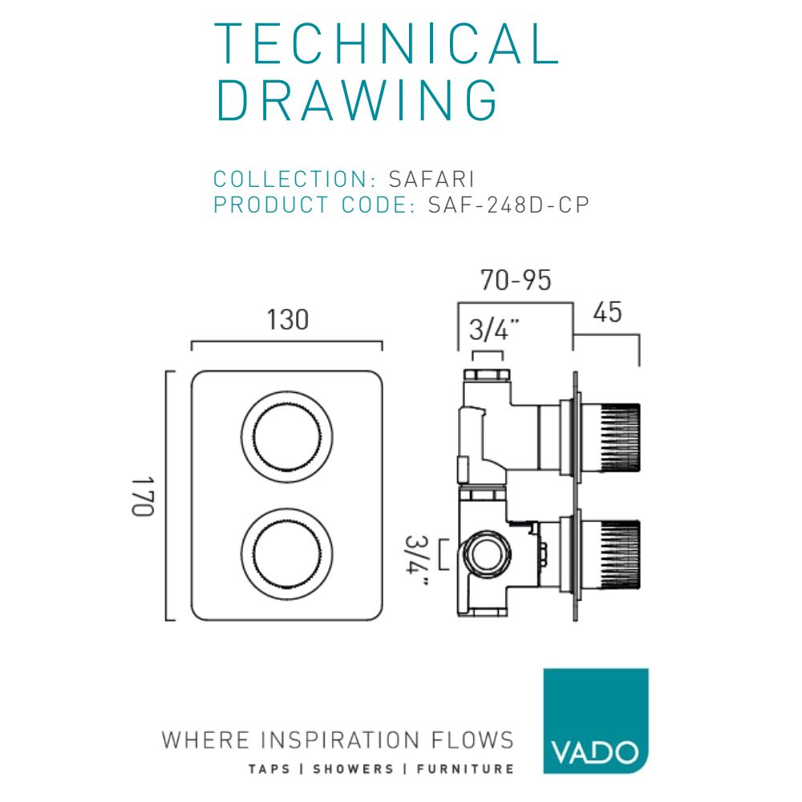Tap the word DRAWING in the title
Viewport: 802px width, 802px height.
point(358,101)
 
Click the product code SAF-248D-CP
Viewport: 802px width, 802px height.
point(508,205)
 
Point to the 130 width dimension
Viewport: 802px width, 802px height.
point(287,320)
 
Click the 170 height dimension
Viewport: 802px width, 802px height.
point(143,496)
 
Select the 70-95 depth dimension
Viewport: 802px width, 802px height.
point(516,281)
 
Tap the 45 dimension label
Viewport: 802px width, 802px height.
point(607,313)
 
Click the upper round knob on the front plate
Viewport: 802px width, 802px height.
point(286,436)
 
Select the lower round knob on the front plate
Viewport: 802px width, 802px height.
point(286,552)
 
